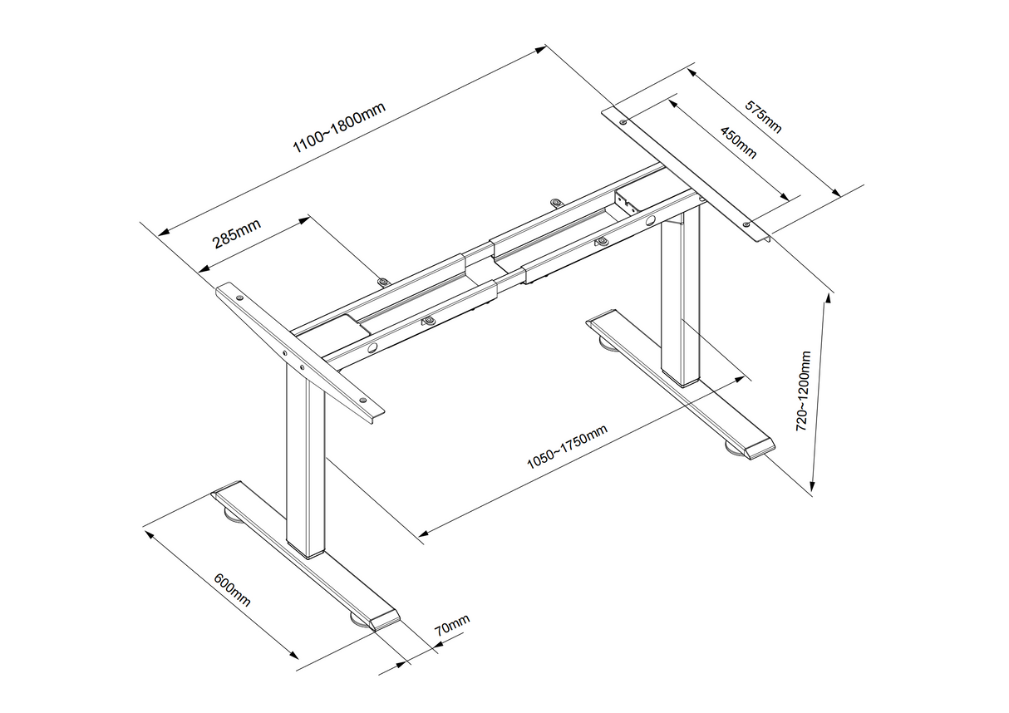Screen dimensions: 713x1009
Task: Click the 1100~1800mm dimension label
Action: pyautogui.click(x=339, y=131)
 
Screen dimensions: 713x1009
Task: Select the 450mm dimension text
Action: pyautogui.click(x=737, y=142)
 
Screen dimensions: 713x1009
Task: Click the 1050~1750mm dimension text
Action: pyautogui.click(x=567, y=447)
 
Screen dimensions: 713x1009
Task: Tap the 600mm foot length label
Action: pyautogui.click(x=232, y=589)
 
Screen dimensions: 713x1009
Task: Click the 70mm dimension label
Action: pyautogui.click(x=452, y=625)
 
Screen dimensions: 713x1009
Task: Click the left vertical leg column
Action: pyautogui.click(x=304, y=465)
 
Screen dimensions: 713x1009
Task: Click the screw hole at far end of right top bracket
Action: pyautogui.click(x=623, y=122)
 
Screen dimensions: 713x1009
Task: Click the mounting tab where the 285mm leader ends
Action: pyautogui.click(x=382, y=282)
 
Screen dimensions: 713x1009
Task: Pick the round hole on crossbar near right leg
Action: pyautogui.click(x=650, y=221)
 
